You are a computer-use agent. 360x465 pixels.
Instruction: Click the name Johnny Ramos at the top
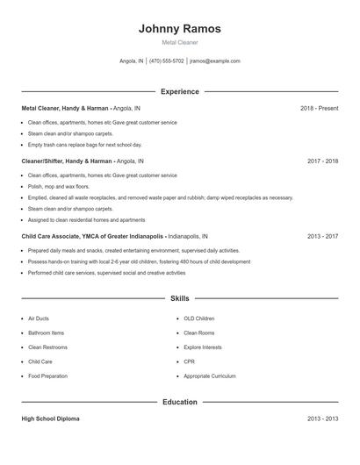(180, 29)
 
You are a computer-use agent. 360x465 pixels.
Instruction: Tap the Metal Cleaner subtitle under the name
(180, 42)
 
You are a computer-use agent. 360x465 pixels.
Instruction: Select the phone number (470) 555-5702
(167, 61)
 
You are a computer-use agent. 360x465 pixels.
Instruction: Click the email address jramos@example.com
(214, 61)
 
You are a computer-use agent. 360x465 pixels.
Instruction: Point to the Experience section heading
(180, 91)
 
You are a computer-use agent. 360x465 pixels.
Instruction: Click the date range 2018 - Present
(319, 108)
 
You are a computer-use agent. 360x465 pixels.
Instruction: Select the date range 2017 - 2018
(322, 161)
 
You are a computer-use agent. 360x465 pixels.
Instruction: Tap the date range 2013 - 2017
(322, 236)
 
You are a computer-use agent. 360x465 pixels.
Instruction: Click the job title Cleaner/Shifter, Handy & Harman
(66, 161)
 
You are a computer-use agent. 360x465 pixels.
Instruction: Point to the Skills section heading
(180, 298)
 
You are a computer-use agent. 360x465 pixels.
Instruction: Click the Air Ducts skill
(40, 318)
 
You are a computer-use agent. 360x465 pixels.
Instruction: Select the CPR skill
(189, 361)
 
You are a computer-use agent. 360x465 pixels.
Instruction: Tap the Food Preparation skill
(47, 376)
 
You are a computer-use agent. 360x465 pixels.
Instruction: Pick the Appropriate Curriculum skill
(210, 376)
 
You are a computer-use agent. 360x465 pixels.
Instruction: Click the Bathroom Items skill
(46, 333)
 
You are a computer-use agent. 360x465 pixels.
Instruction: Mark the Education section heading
(180, 402)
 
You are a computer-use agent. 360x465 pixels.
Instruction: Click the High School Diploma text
(50, 418)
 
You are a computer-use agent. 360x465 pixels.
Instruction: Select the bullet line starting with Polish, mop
(59, 187)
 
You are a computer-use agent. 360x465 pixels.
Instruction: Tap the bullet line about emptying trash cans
(84, 145)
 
